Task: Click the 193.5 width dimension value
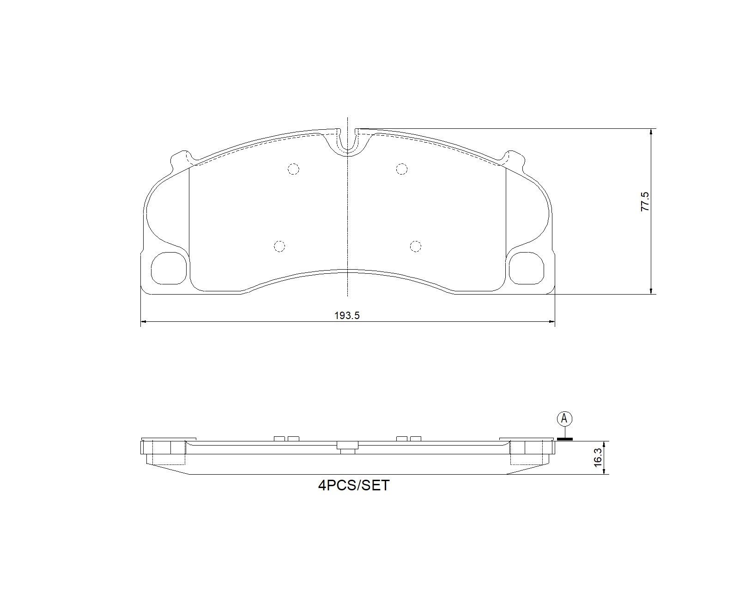tap(347, 315)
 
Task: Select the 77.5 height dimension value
tap(645, 202)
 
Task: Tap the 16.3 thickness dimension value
tap(598, 458)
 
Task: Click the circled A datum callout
tap(564, 419)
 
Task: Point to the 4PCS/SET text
tap(354, 486)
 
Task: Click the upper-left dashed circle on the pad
tap(293, 169)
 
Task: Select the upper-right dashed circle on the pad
tap(402, 169)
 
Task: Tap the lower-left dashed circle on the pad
tap(279, 247)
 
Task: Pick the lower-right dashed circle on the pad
tap(416, 247)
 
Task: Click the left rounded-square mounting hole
tap(169, 268)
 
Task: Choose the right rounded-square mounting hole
tap(526, 268)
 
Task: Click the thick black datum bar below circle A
tap(564, 439)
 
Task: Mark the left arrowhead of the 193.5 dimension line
tap(143, 321)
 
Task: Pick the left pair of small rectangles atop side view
tap(286, 438)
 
